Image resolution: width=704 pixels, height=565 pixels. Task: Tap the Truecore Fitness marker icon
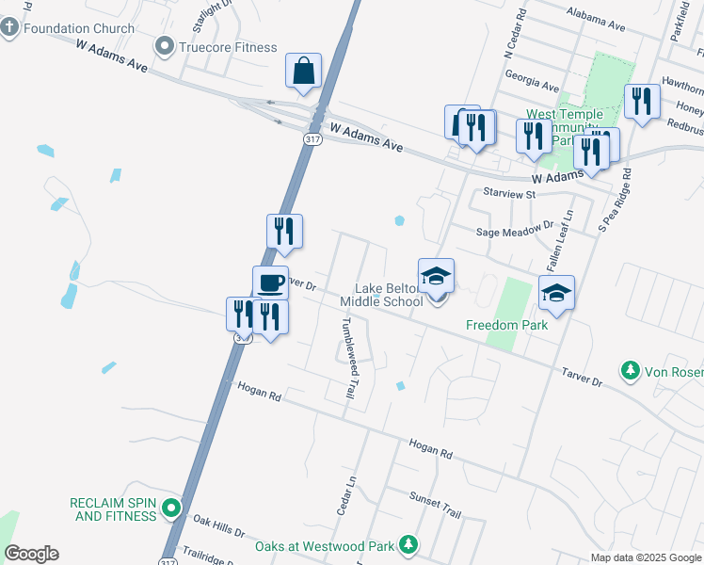tap(166, 46)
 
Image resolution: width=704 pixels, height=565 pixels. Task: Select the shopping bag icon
tap(303, 71)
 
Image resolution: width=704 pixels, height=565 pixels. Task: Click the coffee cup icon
tap(270, 282)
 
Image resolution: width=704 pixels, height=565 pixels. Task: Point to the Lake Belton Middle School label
tap(387, 295)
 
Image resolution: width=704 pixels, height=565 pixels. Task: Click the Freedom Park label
tap(506, 325)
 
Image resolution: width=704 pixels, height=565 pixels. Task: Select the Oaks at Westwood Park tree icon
tap(408, 545)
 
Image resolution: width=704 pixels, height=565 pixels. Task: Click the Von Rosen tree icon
tap(630, 372)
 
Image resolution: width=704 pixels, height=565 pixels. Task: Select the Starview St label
tap(509, 193)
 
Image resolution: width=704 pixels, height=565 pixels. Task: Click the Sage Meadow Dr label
tap(515, 230)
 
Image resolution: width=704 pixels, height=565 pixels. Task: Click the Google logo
tap(31, 554)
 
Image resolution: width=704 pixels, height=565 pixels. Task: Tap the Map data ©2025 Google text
tap(647, 557)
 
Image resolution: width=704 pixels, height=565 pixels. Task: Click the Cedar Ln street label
tap(345, 493)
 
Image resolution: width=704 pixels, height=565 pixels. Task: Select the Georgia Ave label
tap(532, 75)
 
